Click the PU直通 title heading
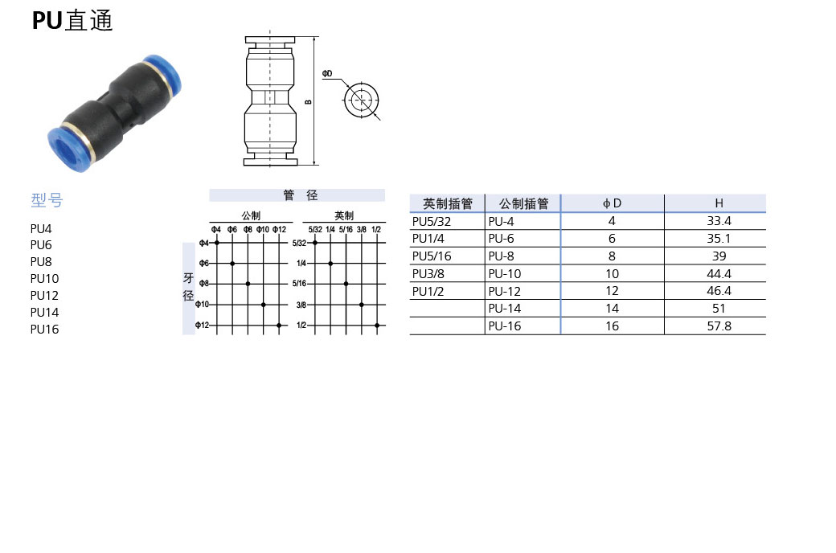point(72,21)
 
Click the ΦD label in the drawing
point(327,74)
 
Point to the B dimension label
point(307,102)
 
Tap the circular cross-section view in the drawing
point(361,101)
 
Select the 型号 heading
point(46,200)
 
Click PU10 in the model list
point(44,278)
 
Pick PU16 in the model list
point(44,329)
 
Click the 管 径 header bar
point(297,195)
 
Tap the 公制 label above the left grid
point(251,215)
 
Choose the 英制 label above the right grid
point(344,215)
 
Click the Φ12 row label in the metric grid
point(202,326)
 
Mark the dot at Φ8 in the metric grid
point(248,284)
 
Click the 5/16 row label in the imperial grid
point(300,284)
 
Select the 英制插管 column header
point(448,204)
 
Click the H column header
point(719,204)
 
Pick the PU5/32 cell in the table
point(432,221)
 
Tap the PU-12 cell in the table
point(504,291)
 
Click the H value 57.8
point(719,326)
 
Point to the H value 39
point(719,256)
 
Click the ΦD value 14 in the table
point(613,309)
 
